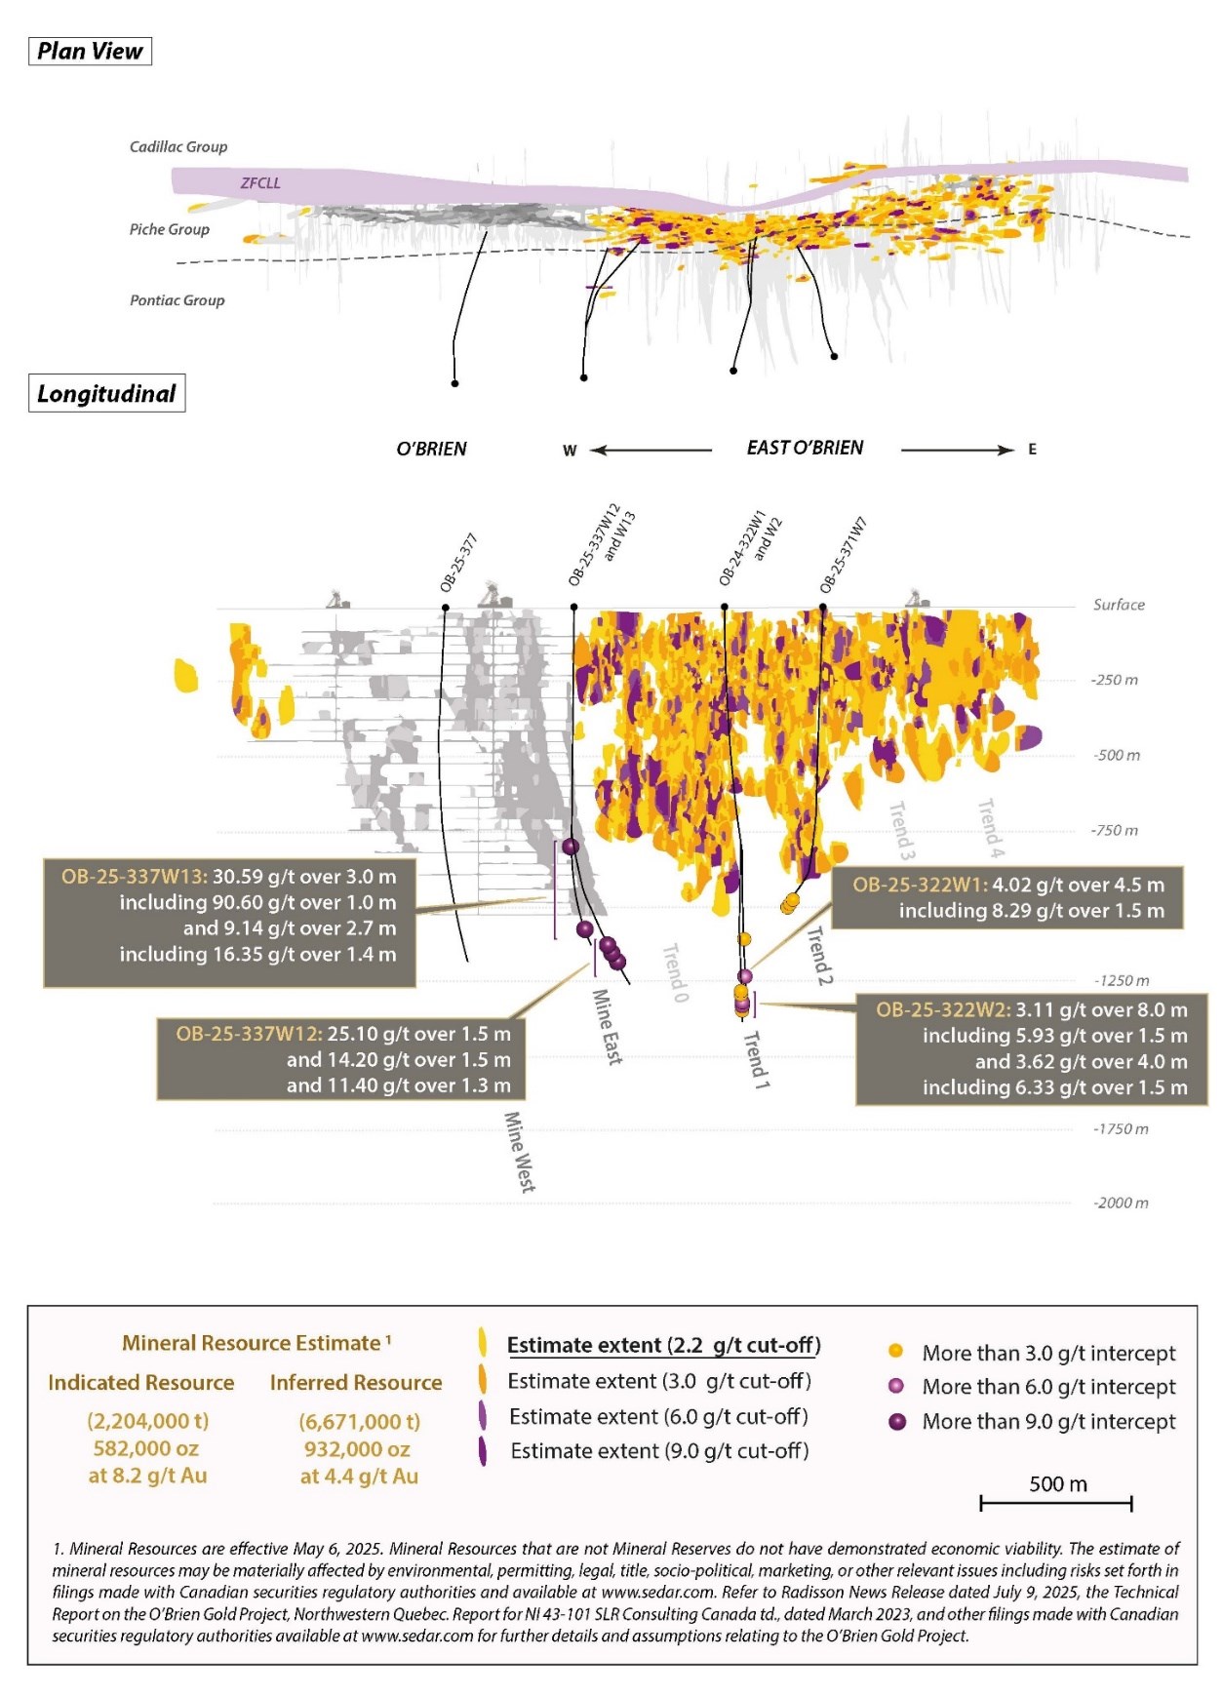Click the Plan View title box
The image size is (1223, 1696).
(90, 51)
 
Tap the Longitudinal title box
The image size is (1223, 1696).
(106, 394)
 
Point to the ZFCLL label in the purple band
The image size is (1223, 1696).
(260, 182)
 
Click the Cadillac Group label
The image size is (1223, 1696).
(178, 146)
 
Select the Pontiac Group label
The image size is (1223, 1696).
(178, 300)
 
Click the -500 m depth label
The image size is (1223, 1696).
(1116, 755)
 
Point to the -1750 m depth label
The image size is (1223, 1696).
(1120, 1128)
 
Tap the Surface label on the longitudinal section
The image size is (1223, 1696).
(1119, 605)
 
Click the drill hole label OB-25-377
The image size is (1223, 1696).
(457, 563)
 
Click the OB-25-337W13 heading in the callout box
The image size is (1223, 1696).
(135, 876)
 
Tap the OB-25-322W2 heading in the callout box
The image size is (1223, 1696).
(942, 1009)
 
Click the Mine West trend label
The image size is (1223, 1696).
(519, 1152)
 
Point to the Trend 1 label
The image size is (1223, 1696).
(757, 1060)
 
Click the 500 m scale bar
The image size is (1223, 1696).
(1055, 1503)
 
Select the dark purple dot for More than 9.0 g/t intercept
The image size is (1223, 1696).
(897, 1421)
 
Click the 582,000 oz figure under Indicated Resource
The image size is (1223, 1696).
(147, 1448)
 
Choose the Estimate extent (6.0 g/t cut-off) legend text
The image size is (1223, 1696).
(658, 1416)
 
